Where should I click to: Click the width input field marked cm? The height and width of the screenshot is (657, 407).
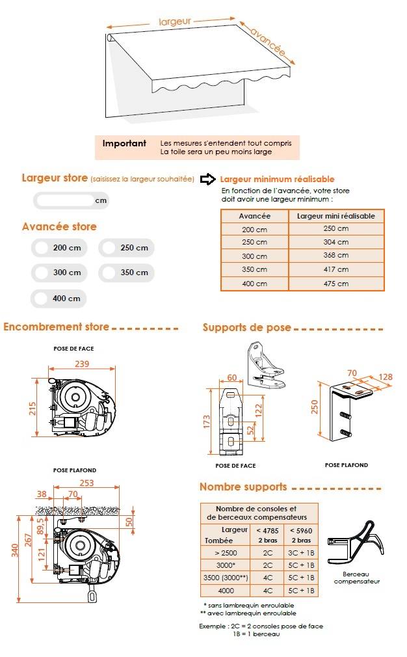71,200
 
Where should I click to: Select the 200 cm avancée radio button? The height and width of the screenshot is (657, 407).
42,248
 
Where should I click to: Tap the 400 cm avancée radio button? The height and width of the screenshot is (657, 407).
41,299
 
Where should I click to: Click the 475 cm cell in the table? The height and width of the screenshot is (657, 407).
336,284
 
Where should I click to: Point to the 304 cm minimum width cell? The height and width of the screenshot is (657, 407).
336,242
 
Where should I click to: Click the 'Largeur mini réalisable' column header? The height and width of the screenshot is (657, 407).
336,216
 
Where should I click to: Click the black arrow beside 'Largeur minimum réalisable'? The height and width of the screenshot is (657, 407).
207,180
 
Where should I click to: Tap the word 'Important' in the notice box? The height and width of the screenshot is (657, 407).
124,143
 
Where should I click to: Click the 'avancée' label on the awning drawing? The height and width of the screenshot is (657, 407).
269,42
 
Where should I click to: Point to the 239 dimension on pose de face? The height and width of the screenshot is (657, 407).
82,364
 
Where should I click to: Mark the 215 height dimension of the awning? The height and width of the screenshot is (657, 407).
33,409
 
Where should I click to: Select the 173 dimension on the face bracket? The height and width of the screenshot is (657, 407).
207,422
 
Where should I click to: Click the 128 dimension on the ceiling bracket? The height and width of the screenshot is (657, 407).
386,377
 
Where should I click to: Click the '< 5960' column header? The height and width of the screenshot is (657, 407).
301,530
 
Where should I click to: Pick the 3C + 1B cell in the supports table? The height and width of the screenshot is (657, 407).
301,553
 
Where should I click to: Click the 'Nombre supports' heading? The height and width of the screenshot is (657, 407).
243,487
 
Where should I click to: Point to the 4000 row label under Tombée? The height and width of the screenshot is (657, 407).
226,591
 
